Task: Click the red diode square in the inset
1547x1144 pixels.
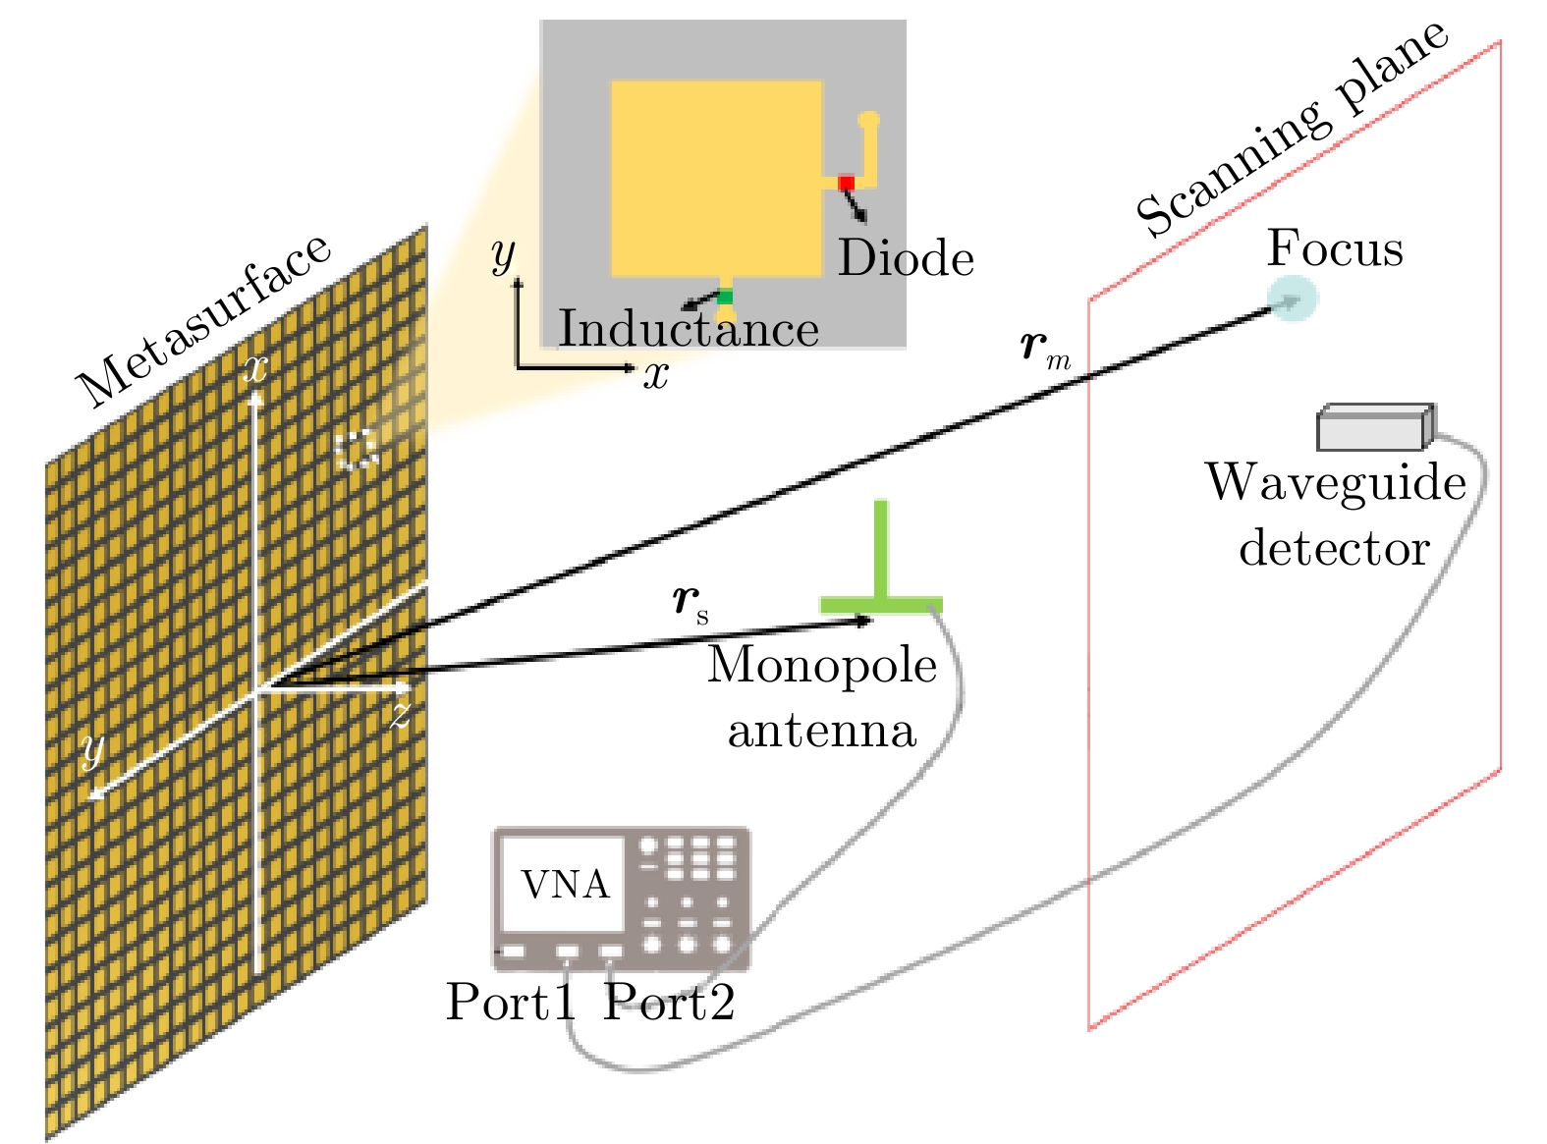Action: click(x=846, y=183)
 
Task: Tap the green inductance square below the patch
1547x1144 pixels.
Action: click(x=725, y=297)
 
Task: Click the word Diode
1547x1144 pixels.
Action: click(x=906, y=258)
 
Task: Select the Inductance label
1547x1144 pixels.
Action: click(x=689, y=328)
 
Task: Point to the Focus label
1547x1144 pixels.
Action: click(x=1335, y=247)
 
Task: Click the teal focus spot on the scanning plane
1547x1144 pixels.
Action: click(x=1291, y=300)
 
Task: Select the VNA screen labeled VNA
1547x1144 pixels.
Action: click(x=565, y=884)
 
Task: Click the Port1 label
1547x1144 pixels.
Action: click(x=510, y=1002)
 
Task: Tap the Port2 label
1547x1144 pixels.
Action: click(x=669, y=1002)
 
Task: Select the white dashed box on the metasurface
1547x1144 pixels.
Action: click(x=356, y=450)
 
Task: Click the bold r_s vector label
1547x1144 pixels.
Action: click(x=691, y=600)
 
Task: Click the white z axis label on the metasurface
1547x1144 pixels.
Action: click(x=399, y=715)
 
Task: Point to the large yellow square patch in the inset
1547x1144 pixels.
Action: click(x=716, y=178)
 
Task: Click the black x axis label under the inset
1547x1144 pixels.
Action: click(x=656, y=374)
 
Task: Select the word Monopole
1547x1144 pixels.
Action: click(x=822, y=665)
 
